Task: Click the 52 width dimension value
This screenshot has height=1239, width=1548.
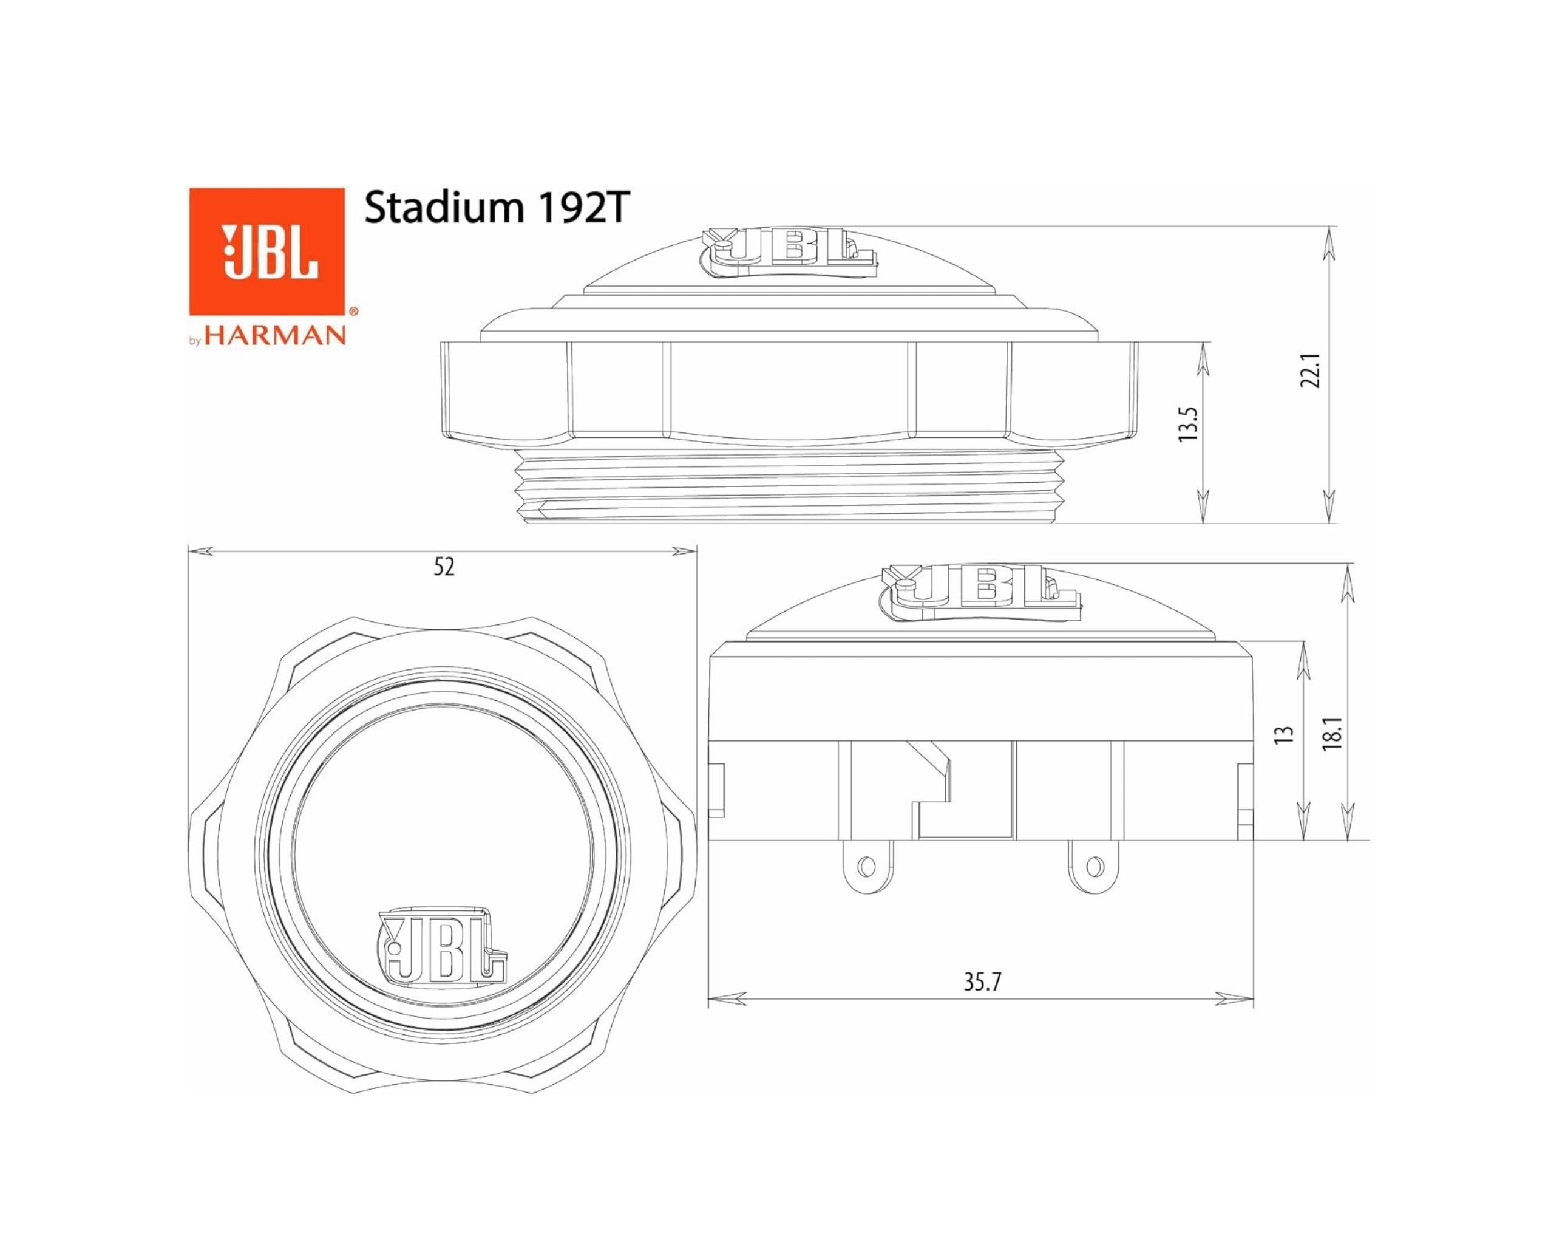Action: point(444,567)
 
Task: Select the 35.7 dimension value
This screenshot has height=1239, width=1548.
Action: point(982,982)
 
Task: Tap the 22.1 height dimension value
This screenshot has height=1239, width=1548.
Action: point(1311,370)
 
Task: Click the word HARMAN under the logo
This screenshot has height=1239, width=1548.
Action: point(275,335)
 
